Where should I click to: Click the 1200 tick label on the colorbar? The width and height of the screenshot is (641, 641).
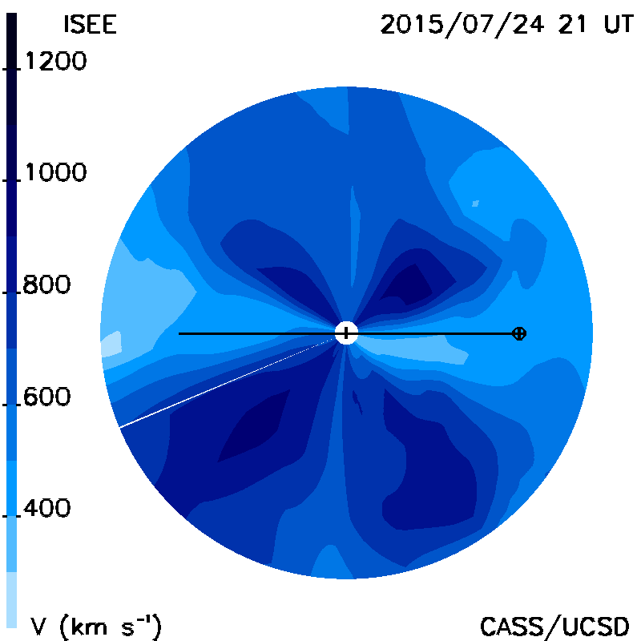[x=56, y=61]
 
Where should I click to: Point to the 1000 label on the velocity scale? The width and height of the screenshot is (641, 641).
[x=56, y=172]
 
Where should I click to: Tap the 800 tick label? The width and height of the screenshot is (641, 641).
[x=46, y=284]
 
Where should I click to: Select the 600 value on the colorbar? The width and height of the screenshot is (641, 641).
[x=46, y=397]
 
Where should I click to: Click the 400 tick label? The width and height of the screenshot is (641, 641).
[x=46, y=508]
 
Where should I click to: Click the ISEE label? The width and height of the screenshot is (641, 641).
[x=90, y=24]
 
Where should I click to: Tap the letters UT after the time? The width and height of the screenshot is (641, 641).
[x=619, y=24]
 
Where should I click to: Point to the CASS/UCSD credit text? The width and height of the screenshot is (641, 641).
[x=554, y=627]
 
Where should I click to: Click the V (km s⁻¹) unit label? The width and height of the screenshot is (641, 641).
[x=95, y=626]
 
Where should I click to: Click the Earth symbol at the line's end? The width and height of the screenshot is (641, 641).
[x=519, y=333]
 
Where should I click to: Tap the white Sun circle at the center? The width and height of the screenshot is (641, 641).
[x=346, y=333]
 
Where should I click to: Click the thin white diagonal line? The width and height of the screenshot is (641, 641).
[x=227, y=383]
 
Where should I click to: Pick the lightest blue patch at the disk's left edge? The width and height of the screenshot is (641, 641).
[x=111, y=344]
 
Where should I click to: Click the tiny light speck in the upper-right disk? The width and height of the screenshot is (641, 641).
[x=475, y=204]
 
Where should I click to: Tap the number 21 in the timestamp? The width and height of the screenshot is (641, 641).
[x=572, y=24]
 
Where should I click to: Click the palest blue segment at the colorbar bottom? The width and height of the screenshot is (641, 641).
[x=11, y=599]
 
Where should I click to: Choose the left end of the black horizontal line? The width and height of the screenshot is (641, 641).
[x=179, y=333]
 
